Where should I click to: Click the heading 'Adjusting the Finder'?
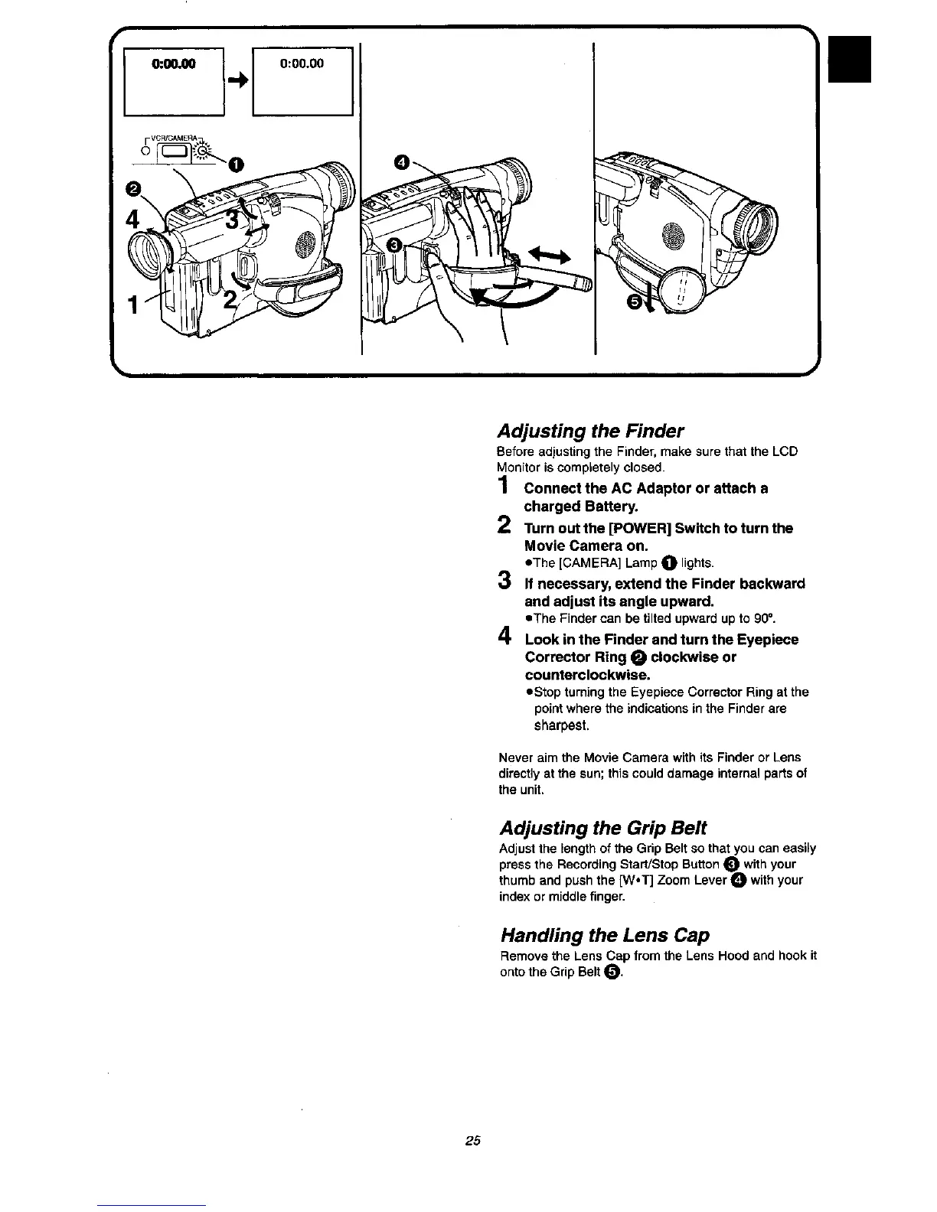[591, 430]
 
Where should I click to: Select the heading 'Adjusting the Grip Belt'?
[603, 828]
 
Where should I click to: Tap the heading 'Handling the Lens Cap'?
[605, 935]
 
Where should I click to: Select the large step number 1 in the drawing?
[133, 305]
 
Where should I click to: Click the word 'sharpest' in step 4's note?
[556, 725]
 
